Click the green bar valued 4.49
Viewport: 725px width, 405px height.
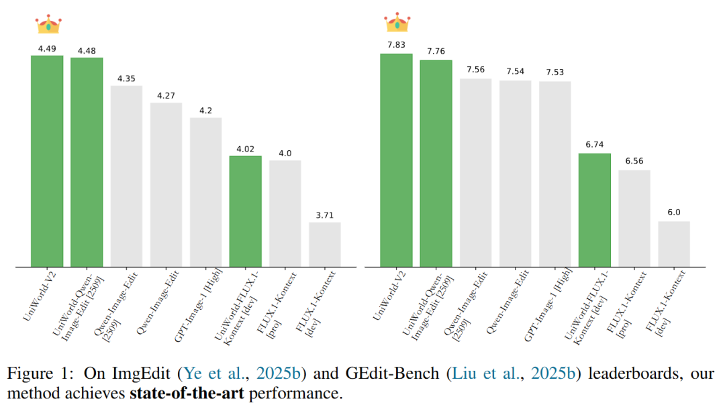pyautogui.click(x=47, y=161)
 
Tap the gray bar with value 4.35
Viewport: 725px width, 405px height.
pyautogui.click(x=126, y=176)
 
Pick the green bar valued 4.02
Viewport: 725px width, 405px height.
pyautogui.click(x=245, y=211)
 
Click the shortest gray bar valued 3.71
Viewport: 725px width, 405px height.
pyautogui.click(x=325, y=245)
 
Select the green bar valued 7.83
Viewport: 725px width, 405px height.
pyautogui.click(x=396, y=160)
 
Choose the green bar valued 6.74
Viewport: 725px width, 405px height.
pyautogui.click(x=595, y=210)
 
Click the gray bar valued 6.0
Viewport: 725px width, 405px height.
pyautogui.click(x=674, y=244)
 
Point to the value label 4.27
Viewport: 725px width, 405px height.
pyautogui.click(x=166, y=96)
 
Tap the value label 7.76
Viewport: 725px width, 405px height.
pyautogui.click(x=436, y=52)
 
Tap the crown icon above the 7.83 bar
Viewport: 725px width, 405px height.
pyautogui.click(x=397, y=22)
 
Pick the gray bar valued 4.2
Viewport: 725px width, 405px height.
pyautogui.click(x=205, y=192)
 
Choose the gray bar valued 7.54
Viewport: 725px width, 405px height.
pyautogui.click(x=516, y=174)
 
